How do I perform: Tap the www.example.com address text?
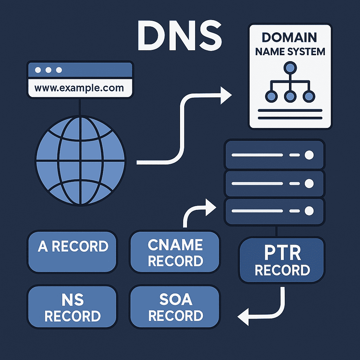[79, 88]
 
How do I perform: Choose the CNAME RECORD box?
[175, 252]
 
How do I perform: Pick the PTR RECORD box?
[282, 261]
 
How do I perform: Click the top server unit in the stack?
[274, 155]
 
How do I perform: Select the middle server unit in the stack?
[274, 183]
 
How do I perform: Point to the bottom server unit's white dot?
[309, 211]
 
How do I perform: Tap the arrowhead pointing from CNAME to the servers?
[210, 207]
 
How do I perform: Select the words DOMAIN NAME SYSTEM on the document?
[290, 44]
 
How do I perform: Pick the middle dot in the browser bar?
[49, 70]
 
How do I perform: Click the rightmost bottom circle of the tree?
[308, 96]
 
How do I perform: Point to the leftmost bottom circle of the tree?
[271, 96]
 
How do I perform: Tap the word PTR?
[282, 253]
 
